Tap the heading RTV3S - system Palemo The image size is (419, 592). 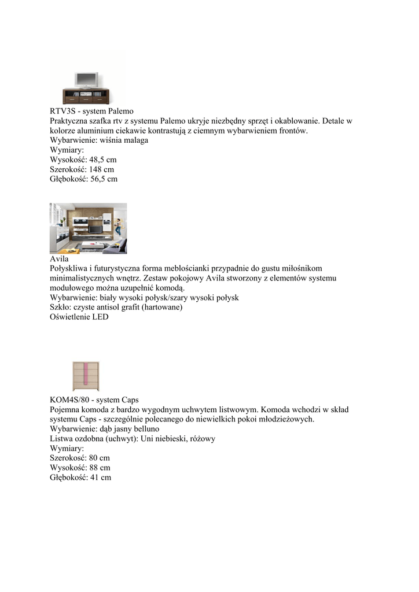click(x=91, y=111)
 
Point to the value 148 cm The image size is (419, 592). click(x=101, y=169)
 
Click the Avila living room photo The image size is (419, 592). click(x=88, y=228)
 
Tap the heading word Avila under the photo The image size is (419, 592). click(x=59, y=259)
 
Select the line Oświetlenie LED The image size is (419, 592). click(x=79, y=317)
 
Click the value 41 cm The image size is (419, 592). click(x=102, y=478)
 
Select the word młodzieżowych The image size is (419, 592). click(x=283, y=419)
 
